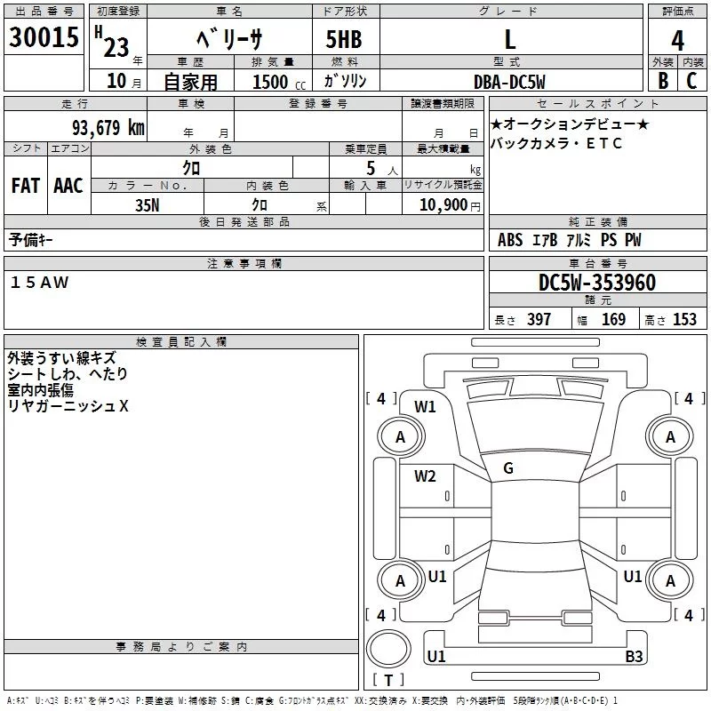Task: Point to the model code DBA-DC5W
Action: [509, 82]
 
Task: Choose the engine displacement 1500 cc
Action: [276, 83]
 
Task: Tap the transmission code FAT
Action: [25, 186]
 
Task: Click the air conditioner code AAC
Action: [68, 186]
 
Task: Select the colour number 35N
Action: [147, 204]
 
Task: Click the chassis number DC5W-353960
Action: [597, 283]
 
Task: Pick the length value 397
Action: [539, 320]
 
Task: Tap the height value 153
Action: [684, 320]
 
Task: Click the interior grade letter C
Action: [691, 81]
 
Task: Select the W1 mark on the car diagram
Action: [425, 407]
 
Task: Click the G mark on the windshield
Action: [508, 467]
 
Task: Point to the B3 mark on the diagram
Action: [634, 657]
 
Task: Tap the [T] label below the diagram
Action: [387, 681]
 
